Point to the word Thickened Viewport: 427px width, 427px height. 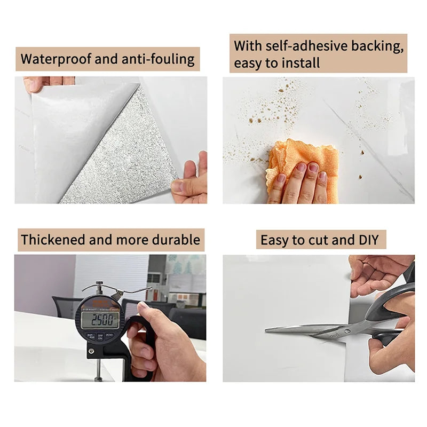(x=53, y=240)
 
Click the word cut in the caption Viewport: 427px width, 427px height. (x=318, y=240)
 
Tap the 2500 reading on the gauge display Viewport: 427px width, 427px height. (x=100, y=320)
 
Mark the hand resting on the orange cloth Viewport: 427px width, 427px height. (x=302, y=184)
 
